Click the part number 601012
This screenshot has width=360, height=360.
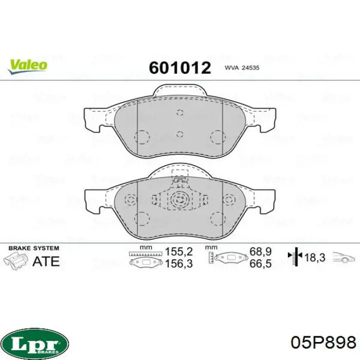(180, 67)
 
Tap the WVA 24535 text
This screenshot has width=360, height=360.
(241, 68)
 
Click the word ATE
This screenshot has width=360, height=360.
(46, 261)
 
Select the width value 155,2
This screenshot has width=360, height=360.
(178, 252)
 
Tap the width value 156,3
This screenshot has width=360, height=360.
(178, 263)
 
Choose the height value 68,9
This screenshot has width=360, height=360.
(260, 252)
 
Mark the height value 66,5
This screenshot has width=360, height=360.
(260, 263)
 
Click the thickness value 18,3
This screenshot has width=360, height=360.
(315, 257)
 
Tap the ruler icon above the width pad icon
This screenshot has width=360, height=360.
(145, 254)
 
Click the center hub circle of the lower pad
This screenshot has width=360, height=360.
(179, 199)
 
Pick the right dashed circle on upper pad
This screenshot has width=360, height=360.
(219, 137)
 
